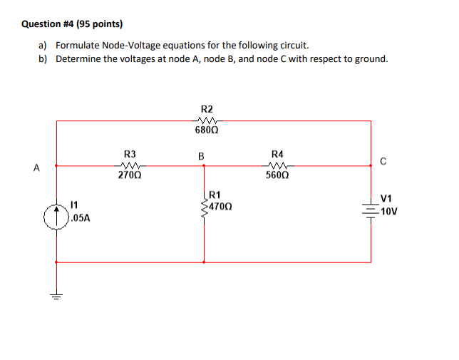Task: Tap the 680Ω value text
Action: click(205, 131)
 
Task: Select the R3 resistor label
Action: click(130, 153)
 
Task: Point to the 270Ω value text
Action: click(130, 175)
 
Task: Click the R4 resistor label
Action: click(277, 153)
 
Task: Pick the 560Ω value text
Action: click(277, 175)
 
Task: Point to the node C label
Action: click(383, 160)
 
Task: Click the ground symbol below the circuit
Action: click(56, 295)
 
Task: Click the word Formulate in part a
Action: click(78, 44)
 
